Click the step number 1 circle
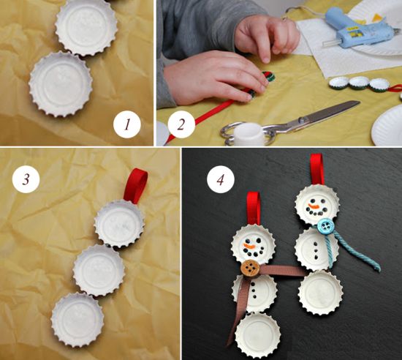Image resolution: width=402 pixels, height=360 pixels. coord(127,124)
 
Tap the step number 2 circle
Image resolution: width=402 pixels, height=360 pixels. coord(181,124)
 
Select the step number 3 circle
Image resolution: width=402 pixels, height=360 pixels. coord(26,179)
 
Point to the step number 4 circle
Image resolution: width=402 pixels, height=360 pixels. coord(221,179)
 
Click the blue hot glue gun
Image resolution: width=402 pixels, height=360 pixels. coord(359,29)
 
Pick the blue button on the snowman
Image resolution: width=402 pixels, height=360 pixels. coord(325,226)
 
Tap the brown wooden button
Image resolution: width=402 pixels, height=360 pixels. coord(250,269)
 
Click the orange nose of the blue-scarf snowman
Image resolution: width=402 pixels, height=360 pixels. coord(314,206)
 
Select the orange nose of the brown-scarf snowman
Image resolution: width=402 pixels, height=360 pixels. coord(249,246)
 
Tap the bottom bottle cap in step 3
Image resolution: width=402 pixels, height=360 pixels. coord(77,320)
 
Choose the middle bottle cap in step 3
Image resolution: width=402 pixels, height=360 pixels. coord(99,270)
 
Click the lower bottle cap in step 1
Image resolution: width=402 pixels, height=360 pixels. coord(61,84)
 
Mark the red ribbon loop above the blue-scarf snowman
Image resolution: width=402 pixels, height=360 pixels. coord(317,169)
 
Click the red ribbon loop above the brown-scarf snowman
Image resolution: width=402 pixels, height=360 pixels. coord(254,208)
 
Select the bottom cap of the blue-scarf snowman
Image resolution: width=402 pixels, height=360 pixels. coord(320,293)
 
